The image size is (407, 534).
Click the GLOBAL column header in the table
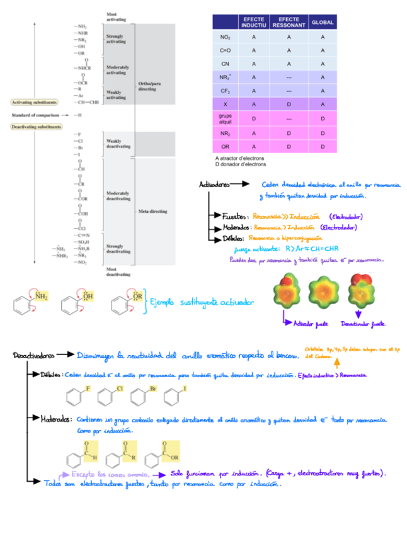[323, 22]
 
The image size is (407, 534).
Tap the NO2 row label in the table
[225, 37]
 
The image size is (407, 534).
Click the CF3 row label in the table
[225, 91]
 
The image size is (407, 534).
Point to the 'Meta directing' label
[152, 212]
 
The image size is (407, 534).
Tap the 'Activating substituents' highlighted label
[35, 102]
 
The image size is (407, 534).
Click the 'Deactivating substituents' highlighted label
[36, 127]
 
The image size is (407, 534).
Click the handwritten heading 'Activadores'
[214, 185]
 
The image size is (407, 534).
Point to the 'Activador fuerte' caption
[311, 324]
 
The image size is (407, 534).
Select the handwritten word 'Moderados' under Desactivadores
[55, 419]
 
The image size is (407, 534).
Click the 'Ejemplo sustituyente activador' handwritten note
[201, 303]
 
